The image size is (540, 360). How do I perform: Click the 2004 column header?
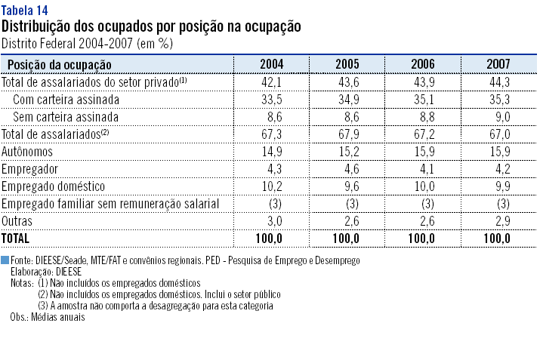[271, 64]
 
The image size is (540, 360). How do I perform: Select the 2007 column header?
[498, 64]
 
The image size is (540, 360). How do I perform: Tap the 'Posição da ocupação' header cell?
[59, 65]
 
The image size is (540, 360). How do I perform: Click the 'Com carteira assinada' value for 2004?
[271, 99]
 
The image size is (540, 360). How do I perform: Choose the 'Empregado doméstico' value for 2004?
[271, 186]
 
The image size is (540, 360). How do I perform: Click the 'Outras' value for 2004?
[271, 220]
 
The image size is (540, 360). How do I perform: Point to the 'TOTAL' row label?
[17, 238]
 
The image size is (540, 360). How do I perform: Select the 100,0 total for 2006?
[422, 238]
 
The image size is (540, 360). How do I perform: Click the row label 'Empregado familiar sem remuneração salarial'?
[110, 203]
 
